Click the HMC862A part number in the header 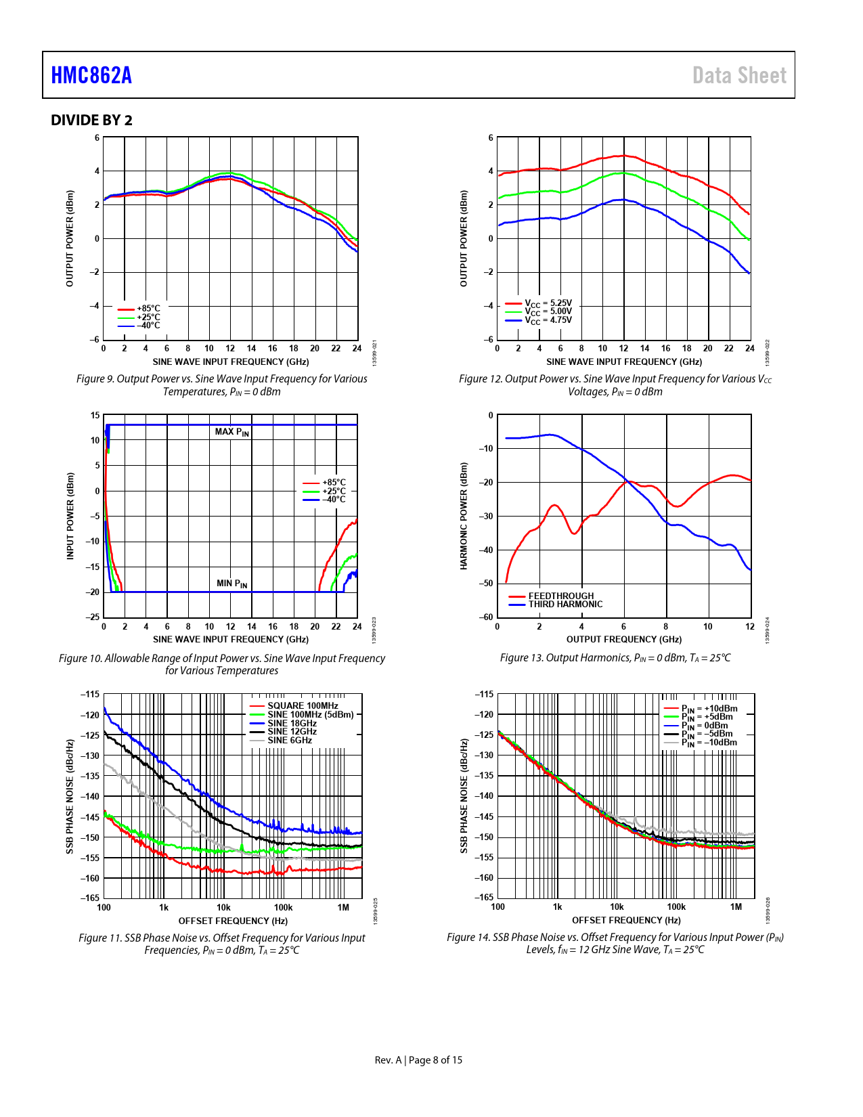(x=91, y=75)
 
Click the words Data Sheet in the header (x=739, y=75)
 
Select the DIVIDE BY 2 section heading (x=91, y=121)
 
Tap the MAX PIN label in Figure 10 (x=232, y=432)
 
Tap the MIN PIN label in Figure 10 (x=231, y=584)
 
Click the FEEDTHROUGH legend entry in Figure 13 (x=560, y=596)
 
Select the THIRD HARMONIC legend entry (x=565, y=605)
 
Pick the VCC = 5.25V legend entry (x=548, y=303)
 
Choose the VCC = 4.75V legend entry (x=548, y=320)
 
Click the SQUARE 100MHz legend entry (x=303, y=705)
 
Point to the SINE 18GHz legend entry (x=292, y=723)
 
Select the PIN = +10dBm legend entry (x=709, y=709)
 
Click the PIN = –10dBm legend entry (x=709, y=743)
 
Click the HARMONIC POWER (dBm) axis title (x=464, y=516)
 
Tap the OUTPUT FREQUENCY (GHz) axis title (x=623, y=639)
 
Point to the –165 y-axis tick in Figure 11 (x=90, y=898)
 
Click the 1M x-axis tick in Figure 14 (x=736, y=907)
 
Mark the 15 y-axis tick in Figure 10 (x=95, y=416)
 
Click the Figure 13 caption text (x=615, y=658)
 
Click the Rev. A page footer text (x=418, y=1060)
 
